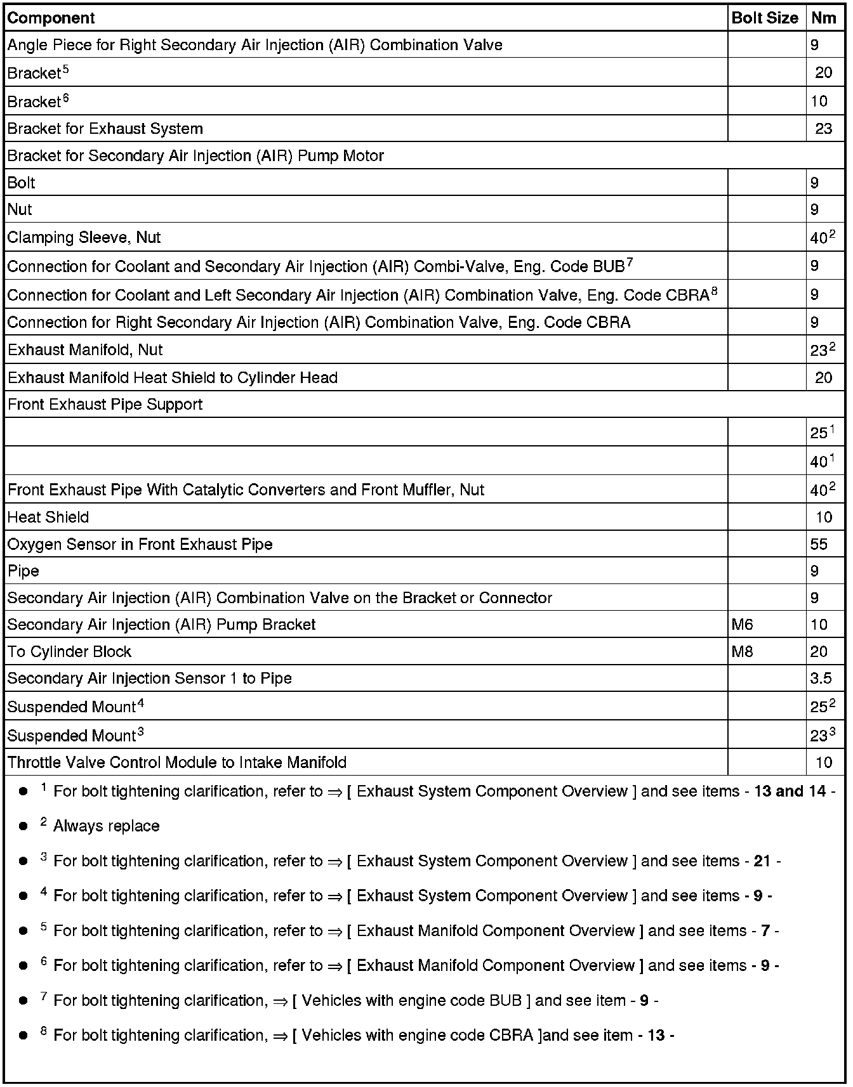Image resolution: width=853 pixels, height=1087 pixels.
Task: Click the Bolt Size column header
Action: [x=765, y=18]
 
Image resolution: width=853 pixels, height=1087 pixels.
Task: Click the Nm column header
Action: [x=823, y=18]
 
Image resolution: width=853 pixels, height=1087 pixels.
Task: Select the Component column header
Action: [x=51, y=18]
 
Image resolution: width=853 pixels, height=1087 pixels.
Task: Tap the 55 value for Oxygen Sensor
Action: [x=819, y=544]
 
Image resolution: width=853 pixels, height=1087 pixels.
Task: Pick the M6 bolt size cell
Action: [x=742, y=625]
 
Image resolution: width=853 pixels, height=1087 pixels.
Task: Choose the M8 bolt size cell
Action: [x=742, y=651]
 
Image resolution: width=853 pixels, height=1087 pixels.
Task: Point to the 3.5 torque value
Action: [x=821, y=679]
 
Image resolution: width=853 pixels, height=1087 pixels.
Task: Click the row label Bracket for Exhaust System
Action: [x=105, y=129]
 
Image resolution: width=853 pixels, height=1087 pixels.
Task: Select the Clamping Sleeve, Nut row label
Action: [x=84, y=237]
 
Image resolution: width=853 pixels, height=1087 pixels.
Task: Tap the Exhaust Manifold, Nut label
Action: [x=85, y=350]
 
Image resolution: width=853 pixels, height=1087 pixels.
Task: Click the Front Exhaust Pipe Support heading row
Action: [x=105, y=405]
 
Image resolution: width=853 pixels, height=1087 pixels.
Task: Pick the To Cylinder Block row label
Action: [x=69, y=652]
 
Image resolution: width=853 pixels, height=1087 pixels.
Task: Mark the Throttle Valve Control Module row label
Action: [x=177, y=762]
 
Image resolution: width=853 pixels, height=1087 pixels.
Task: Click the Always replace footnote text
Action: [x=106, y=826]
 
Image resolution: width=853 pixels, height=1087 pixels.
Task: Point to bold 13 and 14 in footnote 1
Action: [x=790, y=791]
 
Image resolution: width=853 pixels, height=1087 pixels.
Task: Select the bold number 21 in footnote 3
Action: [x=762, y=861]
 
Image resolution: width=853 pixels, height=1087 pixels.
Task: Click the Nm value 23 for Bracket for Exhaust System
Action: [x=823, y=129]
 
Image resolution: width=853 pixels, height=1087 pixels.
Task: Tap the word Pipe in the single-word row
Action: [x=23, y=571]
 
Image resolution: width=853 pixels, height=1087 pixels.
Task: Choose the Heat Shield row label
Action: [x=48, y=517]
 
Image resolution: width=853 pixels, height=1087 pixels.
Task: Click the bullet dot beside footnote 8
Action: [x=23, y=1036]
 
